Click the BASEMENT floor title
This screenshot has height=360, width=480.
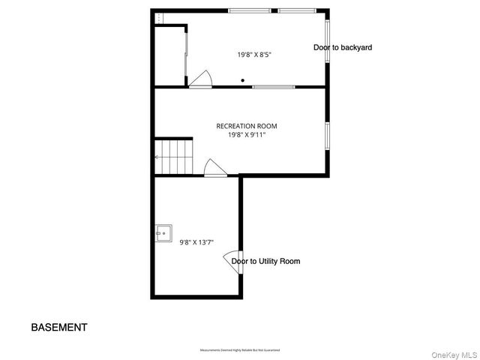(58, 327)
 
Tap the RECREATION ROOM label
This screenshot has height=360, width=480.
(241, 126)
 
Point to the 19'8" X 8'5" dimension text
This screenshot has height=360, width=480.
(254, 54)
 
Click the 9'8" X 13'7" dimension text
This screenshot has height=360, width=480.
(196, 241)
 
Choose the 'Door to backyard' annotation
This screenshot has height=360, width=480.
(342, 47)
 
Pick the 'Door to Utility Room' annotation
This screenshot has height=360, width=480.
(265, 261)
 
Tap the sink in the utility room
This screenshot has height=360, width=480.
(163, 233)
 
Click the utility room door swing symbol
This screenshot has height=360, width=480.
(231, 259)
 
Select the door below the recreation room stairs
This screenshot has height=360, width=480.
(215, 169)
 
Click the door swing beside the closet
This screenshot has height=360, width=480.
(200, 79)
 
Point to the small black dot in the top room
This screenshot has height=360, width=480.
(242, 80)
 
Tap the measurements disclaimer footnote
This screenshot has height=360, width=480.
(239, 350)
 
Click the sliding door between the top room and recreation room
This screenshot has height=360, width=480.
(273, 87)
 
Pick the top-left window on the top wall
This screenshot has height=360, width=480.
(250, 10)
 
